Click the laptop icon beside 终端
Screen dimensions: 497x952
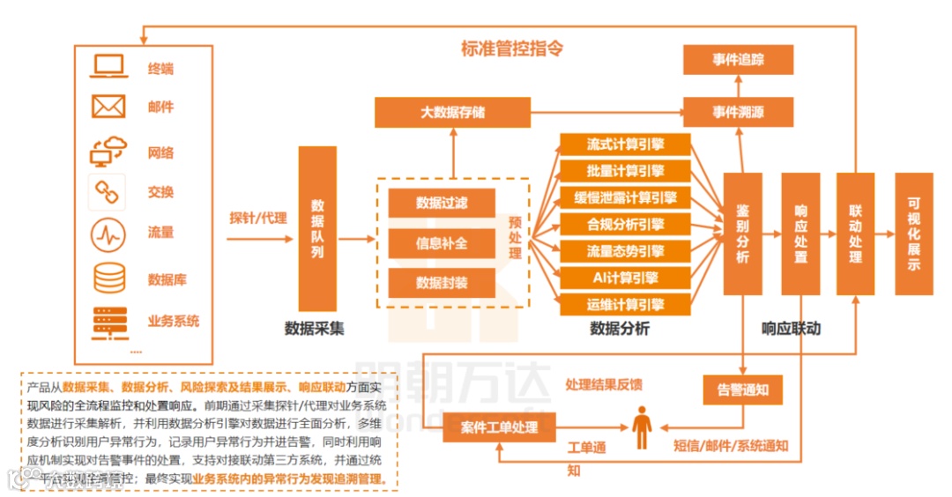[109, 67]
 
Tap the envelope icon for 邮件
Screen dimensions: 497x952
[109, 107]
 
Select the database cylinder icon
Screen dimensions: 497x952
[109, 278]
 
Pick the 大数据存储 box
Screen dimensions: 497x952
[452, 113]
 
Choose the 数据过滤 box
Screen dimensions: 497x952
[442, 204]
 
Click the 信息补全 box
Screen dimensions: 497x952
[442, 243]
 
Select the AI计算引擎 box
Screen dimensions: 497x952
[625, 278]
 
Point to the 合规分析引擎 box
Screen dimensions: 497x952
[625, 225]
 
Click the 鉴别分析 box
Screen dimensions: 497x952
[742, 234]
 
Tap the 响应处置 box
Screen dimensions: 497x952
[800, 234]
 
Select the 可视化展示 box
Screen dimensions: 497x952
[913, 234]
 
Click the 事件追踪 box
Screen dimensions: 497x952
[738, 60]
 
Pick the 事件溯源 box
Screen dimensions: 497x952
[738, 113]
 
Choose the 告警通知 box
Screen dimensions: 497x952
[742, 388]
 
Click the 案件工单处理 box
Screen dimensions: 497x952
[499, 427]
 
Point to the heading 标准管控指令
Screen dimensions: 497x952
[511, 48]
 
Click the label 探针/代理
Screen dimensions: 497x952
[258, 217]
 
